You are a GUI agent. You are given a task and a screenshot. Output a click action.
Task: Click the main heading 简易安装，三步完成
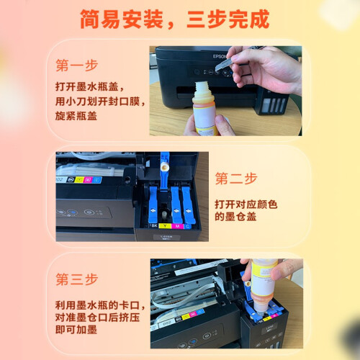click(x=174, y=19)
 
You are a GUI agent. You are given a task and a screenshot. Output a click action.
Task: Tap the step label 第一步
click(x=77, y=66)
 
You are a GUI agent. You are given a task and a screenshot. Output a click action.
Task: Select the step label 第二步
click(x=236, y=179)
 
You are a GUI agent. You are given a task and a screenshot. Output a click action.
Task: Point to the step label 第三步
click(x=77, y=279)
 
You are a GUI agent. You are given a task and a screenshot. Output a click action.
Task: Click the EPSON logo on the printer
click(x=219, y=57)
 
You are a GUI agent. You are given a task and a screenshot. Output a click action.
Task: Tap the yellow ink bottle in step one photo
click(x=204, y=108)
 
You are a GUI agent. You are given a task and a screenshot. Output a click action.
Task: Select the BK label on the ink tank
click(x=155, y=225)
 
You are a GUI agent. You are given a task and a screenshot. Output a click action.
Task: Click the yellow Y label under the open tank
click(x=165, y=226)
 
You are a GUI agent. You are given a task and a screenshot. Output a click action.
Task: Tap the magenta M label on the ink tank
click(x=177, y=226)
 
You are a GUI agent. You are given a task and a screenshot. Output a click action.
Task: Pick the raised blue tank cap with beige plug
click(x=165, y=171)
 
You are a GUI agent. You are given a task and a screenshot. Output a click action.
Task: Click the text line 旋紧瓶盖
click(x=76, y=116)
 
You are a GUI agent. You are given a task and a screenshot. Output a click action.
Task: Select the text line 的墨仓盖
click(x=235, y=217)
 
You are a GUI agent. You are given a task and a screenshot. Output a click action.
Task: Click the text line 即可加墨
click(x=76, y=330)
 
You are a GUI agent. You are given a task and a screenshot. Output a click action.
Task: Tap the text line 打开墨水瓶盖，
click(x=90, y=86)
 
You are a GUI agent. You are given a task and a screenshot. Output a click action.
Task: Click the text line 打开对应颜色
click(x=246, y=204)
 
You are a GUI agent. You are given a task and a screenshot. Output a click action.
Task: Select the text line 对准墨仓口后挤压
click(x=97, y=318)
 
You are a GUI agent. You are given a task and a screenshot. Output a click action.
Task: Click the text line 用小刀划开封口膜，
click(x=100, y=102)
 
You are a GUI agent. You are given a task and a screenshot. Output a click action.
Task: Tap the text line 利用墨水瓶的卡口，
click(x=100, y=305)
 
